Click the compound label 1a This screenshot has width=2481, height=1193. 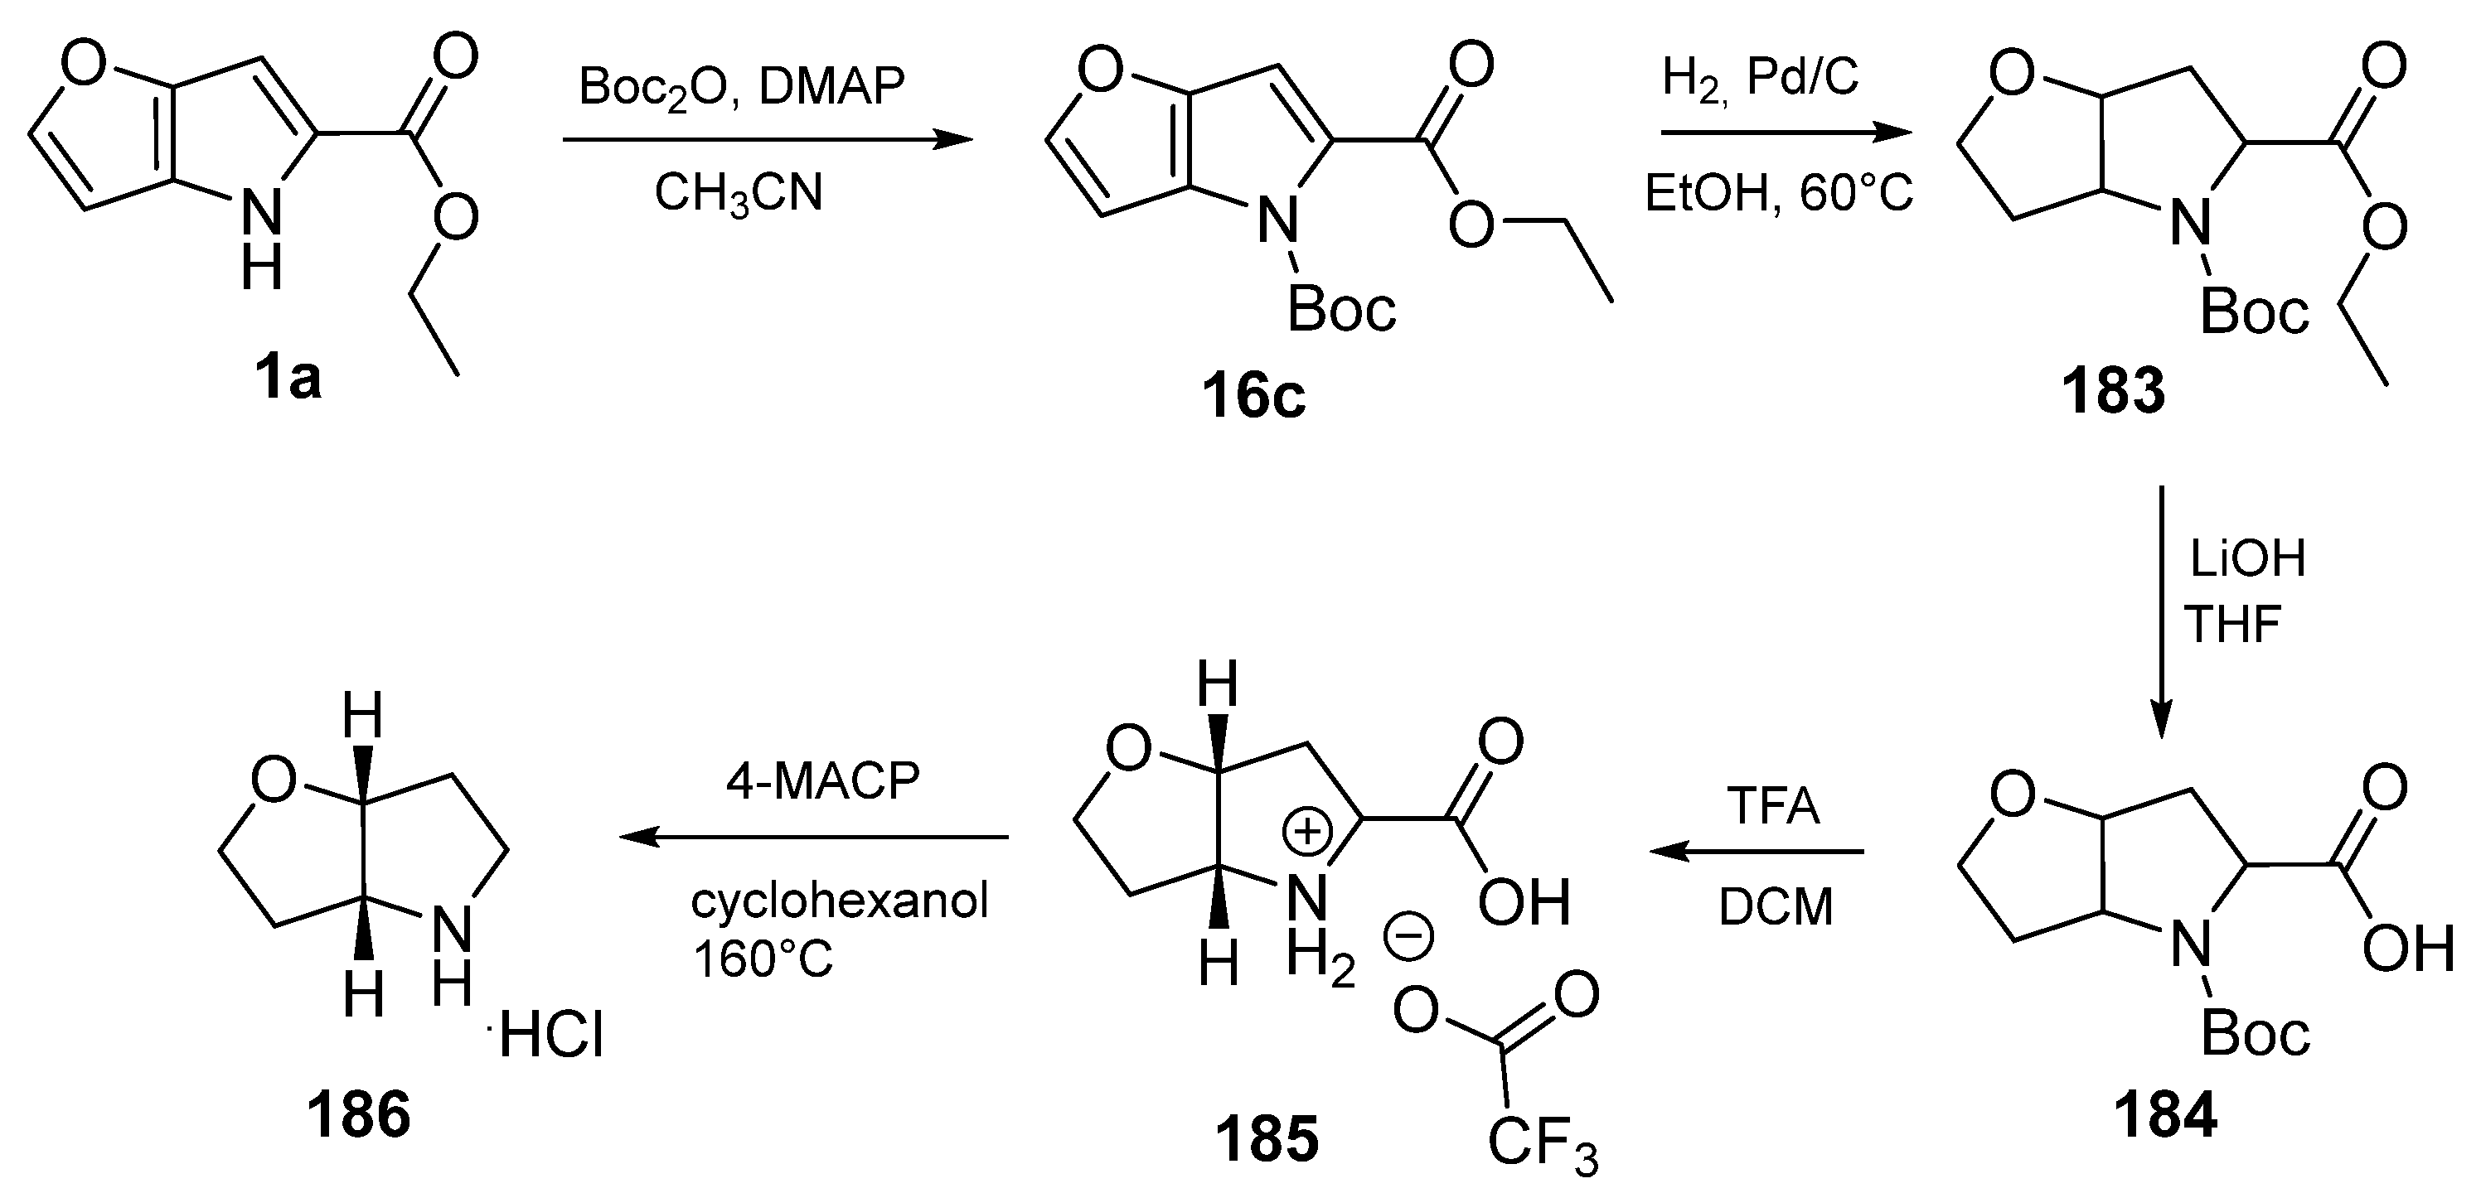coord(288,379)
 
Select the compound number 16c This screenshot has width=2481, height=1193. coord(1253,396)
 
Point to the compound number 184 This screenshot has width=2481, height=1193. coord(2165,1115)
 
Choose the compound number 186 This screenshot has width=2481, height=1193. coord(358,1115)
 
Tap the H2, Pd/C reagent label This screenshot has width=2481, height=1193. coord(1761,78)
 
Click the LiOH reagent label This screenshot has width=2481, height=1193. coord(2248,559)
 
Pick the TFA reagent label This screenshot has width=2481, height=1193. coord(1773,805)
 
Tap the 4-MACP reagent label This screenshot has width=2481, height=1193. coord(822,781)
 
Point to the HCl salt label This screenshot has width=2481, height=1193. coord(551,1039)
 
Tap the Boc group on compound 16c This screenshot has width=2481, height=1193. coord(1340,310)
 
